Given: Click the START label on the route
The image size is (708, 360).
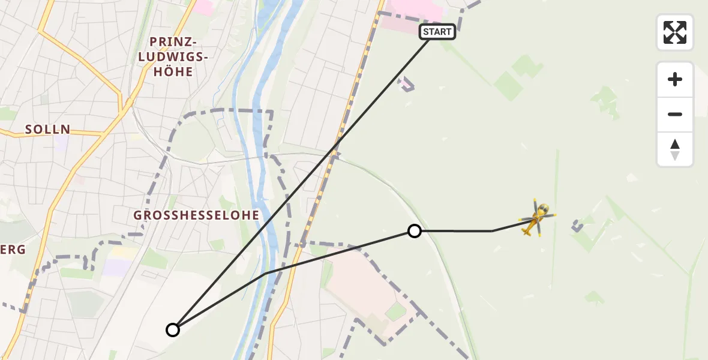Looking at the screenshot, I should coord(437,32).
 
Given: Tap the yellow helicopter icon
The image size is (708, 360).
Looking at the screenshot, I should coord(537,218).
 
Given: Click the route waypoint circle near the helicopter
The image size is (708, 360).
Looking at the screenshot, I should coord(414,231).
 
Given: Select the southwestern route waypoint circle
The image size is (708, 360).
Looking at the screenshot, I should coord(173,329).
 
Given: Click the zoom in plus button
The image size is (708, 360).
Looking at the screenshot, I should coord(675,79).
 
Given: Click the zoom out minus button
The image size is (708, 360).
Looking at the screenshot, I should coord(675,115).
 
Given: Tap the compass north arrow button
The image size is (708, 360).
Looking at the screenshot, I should coord(675,149).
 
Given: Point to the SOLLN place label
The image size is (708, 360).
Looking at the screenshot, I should coord(47,129).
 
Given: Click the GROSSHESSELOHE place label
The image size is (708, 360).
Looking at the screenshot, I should coord(196,215).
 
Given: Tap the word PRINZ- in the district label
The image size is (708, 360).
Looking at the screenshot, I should coord(173,42).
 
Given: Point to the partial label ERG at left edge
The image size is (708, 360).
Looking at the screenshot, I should coord(12,250).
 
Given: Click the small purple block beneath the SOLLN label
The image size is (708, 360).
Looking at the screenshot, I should coord(61,143).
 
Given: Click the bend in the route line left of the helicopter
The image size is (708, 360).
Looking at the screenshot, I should coord(492,231).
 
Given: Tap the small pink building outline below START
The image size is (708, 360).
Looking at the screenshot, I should coord(407,85).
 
